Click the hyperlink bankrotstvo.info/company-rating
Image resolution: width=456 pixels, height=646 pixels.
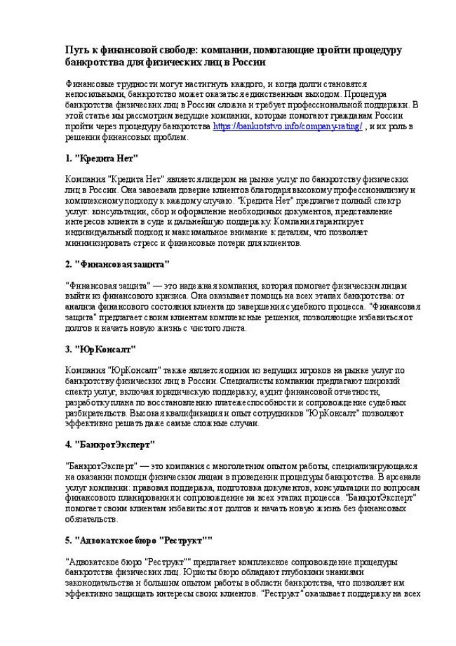(287, 126)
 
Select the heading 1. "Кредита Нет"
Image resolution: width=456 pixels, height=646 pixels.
(101, 158)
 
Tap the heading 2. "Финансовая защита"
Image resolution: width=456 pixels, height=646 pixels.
(116, 264)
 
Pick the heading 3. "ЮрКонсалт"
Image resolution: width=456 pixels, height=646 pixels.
(99, 348)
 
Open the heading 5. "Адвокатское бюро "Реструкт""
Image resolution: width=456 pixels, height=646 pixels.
(138, 540)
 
